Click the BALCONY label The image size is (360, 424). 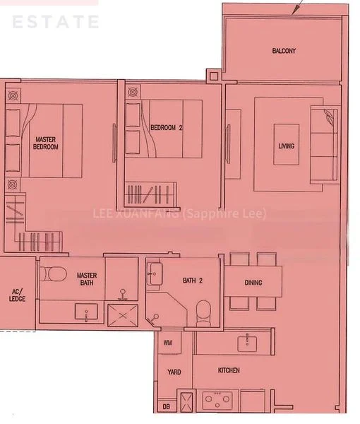tap(284, 51)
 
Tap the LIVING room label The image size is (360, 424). tap(286, 146)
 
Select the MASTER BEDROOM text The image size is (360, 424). tap(46, 143)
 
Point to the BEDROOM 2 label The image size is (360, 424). tap(167, 128)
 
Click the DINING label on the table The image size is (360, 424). tap(253, 283)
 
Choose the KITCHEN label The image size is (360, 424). tap(229, 370)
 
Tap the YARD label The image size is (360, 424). tap(174, 372)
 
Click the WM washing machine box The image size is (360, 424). tap(168, 343)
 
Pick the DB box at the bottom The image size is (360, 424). tap(166, 406)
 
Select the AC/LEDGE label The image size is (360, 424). tap(16, 295)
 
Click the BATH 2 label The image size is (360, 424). tap(193, 281)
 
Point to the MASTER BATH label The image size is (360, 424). tap(87, 279)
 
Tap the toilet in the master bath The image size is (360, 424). tap(55, 274)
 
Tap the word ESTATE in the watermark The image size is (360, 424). tap(55, 22)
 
